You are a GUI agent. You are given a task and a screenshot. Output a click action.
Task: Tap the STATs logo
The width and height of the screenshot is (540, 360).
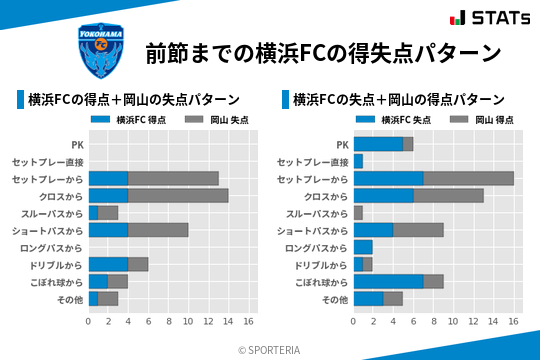tap(490, 18)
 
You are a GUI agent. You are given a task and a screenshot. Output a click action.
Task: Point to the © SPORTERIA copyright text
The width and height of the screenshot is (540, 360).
tap(270, 349)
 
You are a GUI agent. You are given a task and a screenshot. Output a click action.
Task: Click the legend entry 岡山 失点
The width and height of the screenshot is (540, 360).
tap(221, 119)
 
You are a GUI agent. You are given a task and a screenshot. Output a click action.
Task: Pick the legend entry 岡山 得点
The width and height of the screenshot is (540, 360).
tap(486, 119)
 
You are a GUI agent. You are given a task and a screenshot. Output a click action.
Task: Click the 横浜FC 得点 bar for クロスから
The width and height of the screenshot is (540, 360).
tap(108, 195)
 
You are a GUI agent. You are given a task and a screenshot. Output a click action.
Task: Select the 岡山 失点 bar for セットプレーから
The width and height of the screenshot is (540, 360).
tap(173, 178)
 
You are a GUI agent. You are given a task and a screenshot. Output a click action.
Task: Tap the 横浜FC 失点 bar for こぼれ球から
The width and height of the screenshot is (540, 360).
tap(388, 281)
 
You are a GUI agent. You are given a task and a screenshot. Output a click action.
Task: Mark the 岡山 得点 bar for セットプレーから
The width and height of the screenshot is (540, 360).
tap(468, 178)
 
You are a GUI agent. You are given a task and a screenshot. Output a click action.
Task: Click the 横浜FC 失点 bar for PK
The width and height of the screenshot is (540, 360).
tap(378, 144)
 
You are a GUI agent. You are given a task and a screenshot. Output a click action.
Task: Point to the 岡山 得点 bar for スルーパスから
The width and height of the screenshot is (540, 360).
tap(358, 213)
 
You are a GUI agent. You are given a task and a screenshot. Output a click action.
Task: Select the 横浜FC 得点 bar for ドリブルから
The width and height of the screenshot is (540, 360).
tap(108, 264)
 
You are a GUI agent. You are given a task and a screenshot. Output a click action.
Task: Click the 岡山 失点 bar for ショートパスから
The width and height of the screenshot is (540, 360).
tap(158, 230)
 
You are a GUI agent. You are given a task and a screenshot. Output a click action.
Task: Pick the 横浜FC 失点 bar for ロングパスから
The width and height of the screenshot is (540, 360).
tap(363, 247)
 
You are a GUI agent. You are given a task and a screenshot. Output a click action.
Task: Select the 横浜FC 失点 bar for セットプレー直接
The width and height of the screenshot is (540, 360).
tap(358, 161)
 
